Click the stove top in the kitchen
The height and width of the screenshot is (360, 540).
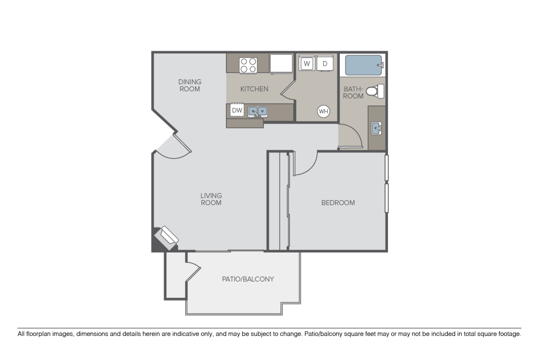tap(248, 64)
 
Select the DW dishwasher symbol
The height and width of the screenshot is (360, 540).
tap(237, 110)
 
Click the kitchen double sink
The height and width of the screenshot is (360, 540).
tap(257, 111)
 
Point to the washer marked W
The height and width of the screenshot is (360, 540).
tap(307, 63)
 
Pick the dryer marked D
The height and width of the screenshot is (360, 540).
tap(325, 63)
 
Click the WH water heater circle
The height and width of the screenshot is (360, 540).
tap(323, 111)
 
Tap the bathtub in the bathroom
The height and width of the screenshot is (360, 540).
tap(363, 66)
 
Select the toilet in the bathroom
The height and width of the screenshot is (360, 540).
tap(375, 91)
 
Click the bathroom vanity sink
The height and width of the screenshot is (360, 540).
tap(376, 129)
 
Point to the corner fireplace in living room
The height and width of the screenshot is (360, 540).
tap(166, 237)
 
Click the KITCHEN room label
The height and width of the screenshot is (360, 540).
tap(254, 89)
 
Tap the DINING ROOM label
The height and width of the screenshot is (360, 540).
tap(190, 85)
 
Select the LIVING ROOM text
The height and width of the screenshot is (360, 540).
tap(211, 199)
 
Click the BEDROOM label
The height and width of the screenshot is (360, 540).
tap(338, 203)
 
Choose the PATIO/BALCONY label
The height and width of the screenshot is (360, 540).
tap(248, 279)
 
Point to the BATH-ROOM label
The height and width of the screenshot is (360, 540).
tap(353, 92)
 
